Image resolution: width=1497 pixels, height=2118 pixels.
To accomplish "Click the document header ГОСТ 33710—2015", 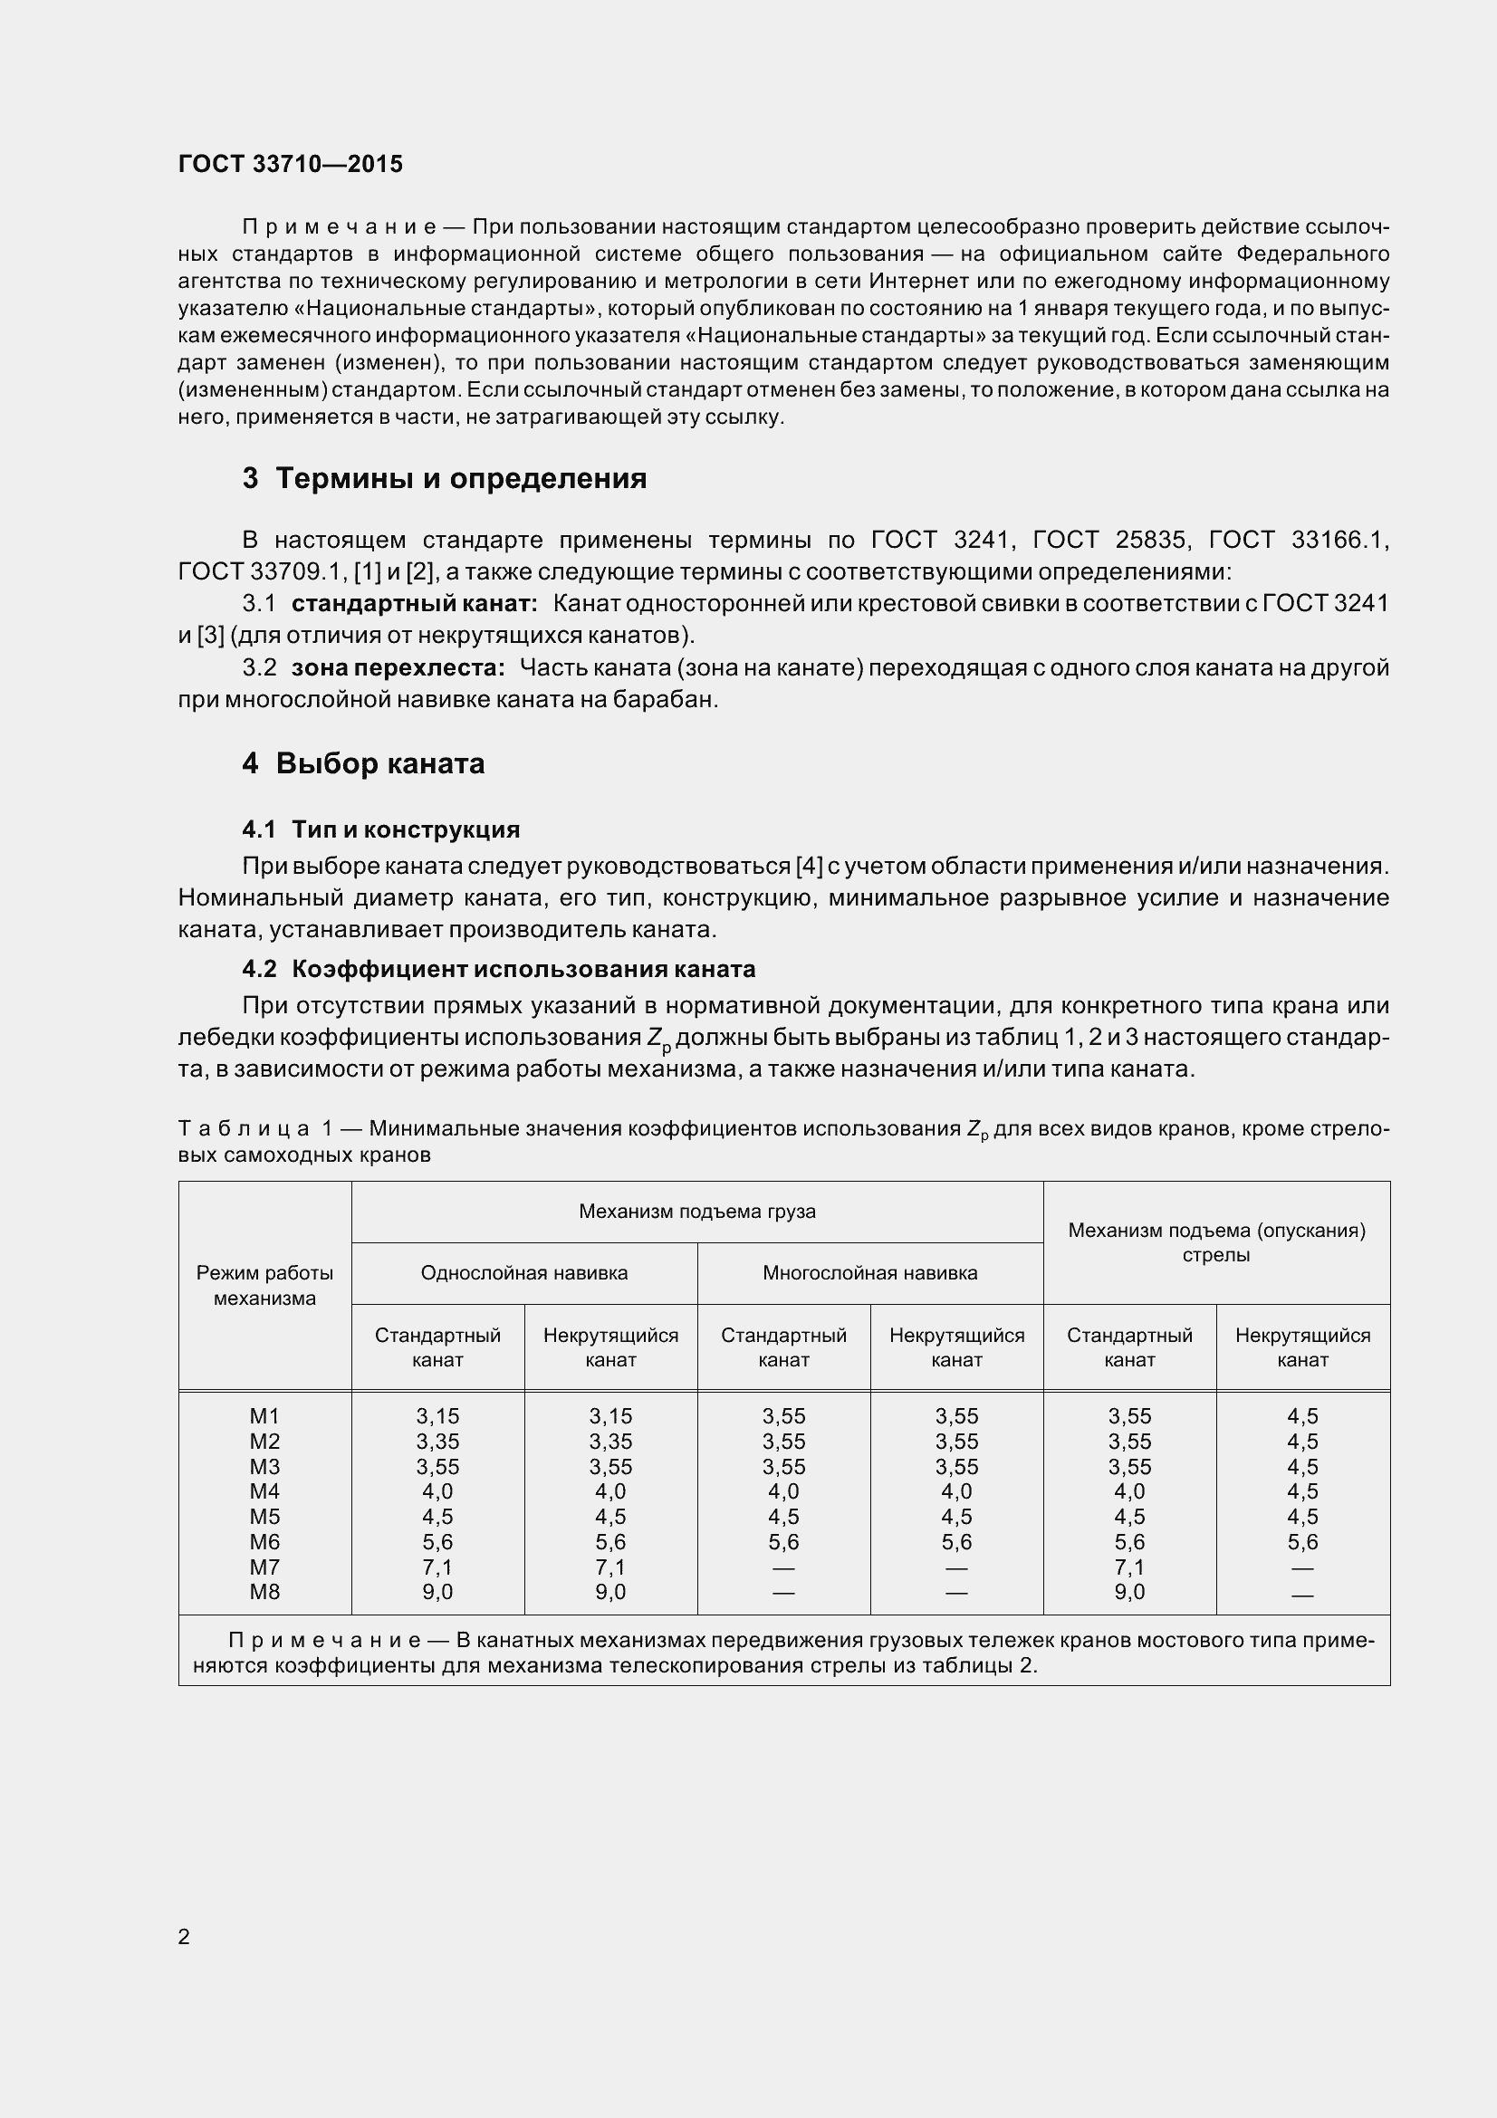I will tap(290, 164).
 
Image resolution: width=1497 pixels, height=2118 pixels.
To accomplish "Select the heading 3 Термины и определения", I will tap(444, 478).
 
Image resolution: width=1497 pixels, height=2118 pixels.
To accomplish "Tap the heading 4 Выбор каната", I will tap(362, 764).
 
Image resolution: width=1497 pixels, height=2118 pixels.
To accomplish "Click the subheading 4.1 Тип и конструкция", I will tap(380, 829).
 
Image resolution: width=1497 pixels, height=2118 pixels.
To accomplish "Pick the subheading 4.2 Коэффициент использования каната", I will tap(498, 969).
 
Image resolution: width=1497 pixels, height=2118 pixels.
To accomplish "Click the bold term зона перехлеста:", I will tap(398, 668).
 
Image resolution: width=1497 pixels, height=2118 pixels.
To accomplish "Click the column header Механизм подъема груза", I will tap(696, 1212).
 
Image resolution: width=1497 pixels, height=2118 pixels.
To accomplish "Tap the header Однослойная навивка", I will tap(523, 1273).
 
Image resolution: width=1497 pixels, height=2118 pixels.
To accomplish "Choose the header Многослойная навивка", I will tap(868, 1273).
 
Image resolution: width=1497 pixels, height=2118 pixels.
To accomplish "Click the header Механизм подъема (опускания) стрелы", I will tap(1215, 1241).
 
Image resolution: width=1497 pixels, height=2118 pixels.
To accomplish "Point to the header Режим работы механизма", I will tap(264, 1285).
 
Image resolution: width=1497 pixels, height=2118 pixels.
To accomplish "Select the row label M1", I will tap(264, 1416).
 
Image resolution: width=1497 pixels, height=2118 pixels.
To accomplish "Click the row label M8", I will tap(264, 1591).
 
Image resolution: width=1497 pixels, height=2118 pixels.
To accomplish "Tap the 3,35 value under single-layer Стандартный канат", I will tap(437, 1441).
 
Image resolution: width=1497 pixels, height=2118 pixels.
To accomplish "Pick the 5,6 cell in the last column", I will tap(1302, 1541).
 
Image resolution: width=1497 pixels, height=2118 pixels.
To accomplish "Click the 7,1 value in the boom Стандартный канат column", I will tap(1129, 1567).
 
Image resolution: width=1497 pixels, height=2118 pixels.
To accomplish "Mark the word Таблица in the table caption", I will tap(244, 1128).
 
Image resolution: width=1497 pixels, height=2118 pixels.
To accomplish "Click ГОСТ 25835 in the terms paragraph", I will tap(1104, 540).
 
